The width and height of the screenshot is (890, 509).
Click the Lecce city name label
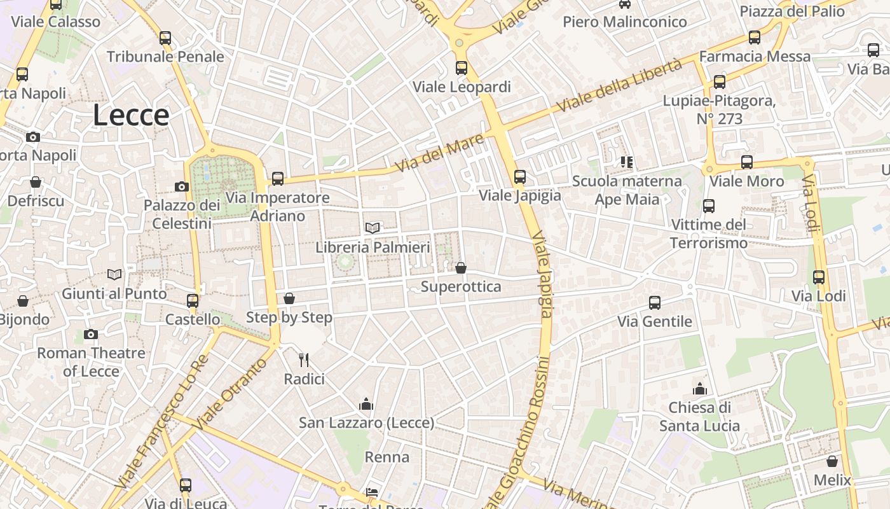click(x=131, y=115)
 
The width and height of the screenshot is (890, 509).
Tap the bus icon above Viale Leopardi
click(x=462, y=67)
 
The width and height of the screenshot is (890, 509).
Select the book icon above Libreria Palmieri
click(x=373, y=228)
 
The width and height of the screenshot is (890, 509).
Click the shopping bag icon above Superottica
click(x=461, y=268)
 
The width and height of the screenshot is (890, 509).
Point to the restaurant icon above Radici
click(x=304, y=360)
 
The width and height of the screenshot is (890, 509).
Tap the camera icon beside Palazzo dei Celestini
click(x=182, y=186)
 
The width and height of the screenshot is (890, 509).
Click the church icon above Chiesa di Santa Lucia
click(x=699, y=388)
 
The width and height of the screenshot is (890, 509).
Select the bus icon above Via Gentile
click(x=655, y=302)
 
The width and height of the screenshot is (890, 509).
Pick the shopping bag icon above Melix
click(x=832, y=461)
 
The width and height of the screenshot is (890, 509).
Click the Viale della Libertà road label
click(x=619, y=86)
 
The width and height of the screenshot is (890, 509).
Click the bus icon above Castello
click(x=193, y=300)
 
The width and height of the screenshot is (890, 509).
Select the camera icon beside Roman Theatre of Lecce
click(x=91, y=334)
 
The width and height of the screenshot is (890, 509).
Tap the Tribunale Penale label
click(x=165, y=57)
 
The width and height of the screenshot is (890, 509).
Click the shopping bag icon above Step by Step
click(x=289, y=298)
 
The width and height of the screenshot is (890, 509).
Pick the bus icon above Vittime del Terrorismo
click(x=709, y=206)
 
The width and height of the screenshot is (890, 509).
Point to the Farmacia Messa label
click(x=755, y=57)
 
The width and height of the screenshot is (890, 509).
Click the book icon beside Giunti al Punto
click(x=114, y=274)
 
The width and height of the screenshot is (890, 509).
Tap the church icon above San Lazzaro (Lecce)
click(x=366, y=404)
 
